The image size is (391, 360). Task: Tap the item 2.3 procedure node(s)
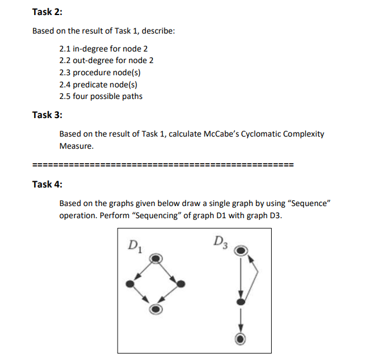pos(100,72)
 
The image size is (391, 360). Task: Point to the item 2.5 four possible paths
pos(101,96)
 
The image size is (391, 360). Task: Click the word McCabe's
pos(222,134)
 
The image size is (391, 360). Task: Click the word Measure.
pos(76,146)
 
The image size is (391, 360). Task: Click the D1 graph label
pos(136,243)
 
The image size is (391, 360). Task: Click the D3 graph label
pos(221,240)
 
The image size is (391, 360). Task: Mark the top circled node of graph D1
pos(155,258)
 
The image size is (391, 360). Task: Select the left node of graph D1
pos(130,284)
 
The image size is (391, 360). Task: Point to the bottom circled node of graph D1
pos(155,308)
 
